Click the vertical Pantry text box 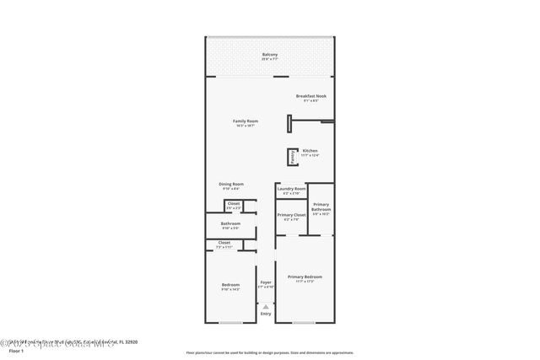click(290, 156)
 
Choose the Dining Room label click(232, 185)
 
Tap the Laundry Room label click(291, 191)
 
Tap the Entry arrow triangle click(266, 306)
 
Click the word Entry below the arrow click(266, 314)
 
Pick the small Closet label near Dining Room click(234, 205)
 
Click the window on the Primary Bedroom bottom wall click(305, 323)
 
